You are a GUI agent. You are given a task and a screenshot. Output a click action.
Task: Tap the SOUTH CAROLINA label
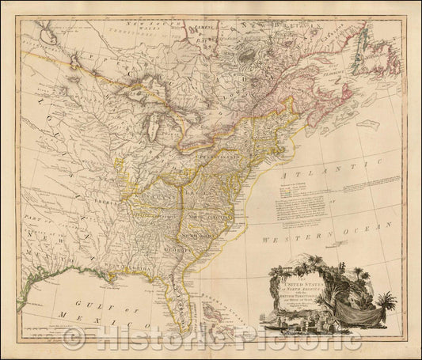(x=215, y=235)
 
